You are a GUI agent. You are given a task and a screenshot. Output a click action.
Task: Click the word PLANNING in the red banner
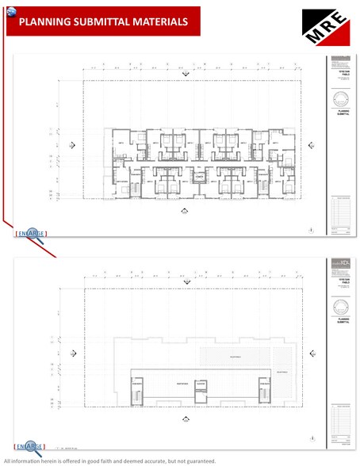click(44, 22)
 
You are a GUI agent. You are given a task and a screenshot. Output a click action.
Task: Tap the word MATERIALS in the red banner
click(159, 22)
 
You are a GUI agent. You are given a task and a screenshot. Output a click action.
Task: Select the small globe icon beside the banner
click(10, 13)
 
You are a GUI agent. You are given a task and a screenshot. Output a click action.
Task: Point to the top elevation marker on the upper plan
click(185, 74)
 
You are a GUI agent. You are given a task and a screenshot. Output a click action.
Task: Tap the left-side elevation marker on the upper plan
click(73, 145)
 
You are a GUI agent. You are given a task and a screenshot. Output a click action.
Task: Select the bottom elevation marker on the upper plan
click(185, 210)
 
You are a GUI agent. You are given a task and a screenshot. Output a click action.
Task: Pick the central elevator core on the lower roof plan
click(201, 388)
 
